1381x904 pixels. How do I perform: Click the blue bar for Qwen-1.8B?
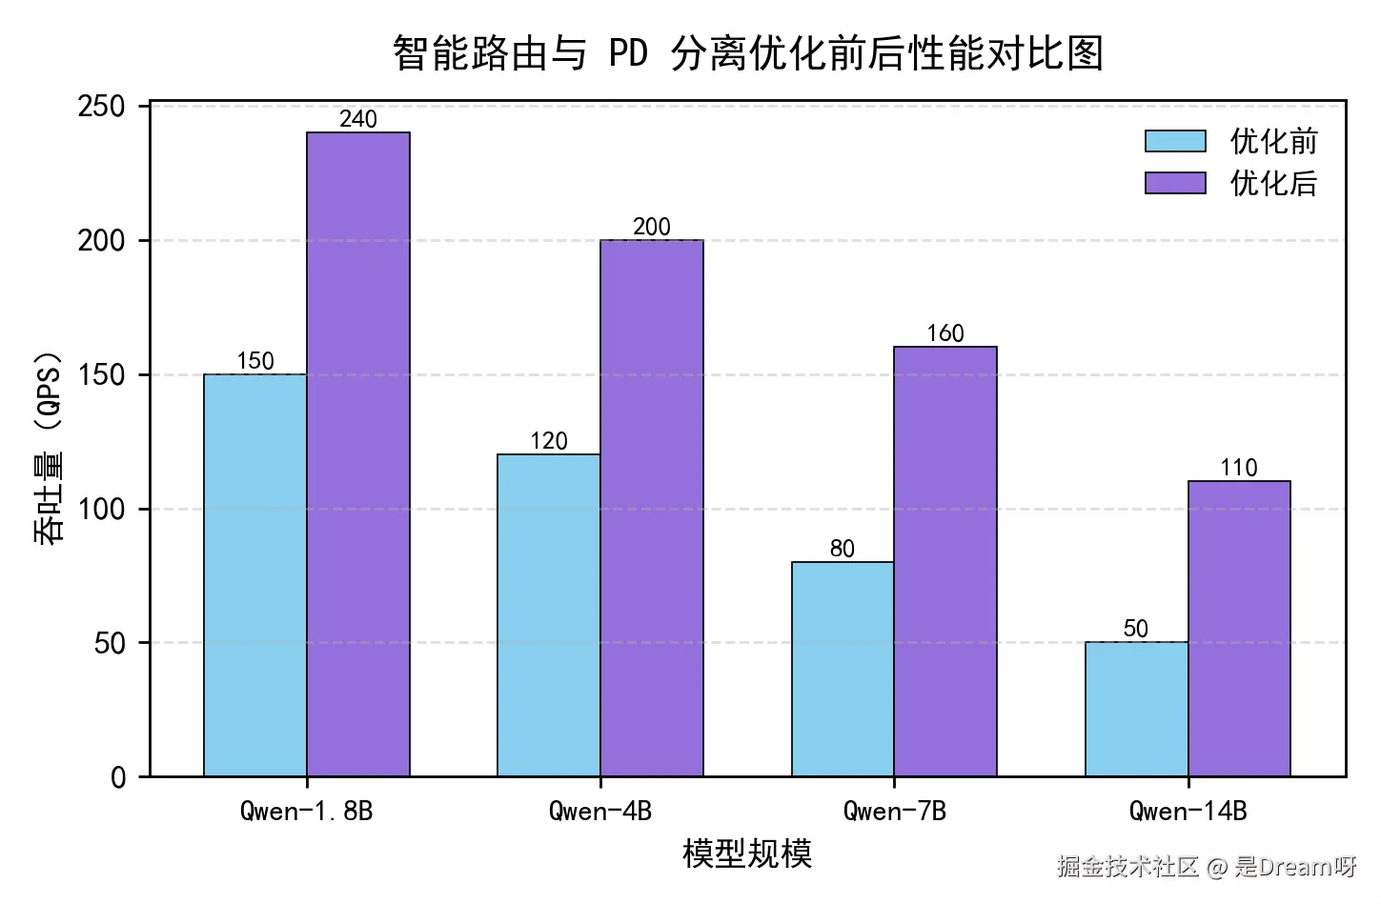tap(254, 574)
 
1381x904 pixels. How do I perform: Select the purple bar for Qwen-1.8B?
tap(357, 454)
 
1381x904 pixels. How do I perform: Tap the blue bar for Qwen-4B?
tap(548, 614)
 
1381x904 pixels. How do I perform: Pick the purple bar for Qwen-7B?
tap(944, 561)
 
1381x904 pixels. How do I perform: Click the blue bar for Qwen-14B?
tap(1136, 709)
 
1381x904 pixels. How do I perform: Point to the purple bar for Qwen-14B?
tap(1239, 628)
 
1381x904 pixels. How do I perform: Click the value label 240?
tap(357, 119)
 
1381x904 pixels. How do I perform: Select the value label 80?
tap(842, 549)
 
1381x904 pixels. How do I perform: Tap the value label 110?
tap(1239, 468)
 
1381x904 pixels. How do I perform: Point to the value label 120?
tap(548, 441)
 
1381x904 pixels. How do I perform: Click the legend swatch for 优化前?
tap(1175, 142)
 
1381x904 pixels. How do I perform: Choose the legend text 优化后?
tap(1273, 183)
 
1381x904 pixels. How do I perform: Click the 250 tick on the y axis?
tap(102, 106)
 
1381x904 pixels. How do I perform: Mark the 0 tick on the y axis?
tap(118, 777)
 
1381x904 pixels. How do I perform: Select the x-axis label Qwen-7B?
tap(894, 811)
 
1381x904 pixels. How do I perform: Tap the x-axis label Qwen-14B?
tap(1188, 811)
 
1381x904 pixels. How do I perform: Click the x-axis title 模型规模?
tap(746, 854)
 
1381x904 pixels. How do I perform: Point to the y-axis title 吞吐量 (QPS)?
tap(49, 448)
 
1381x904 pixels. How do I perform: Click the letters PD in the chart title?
tap(628, 53)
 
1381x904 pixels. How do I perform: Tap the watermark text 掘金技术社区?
tap(1127, 866)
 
